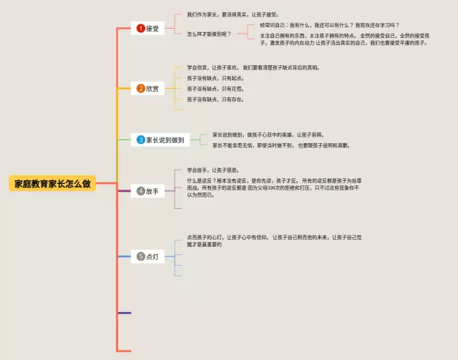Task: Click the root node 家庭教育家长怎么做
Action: coord(52,183)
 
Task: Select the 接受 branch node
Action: coord(149,29)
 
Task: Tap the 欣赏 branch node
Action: coord(149,89)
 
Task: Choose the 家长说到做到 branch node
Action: coord(160,140)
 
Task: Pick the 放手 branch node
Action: coord(147,191)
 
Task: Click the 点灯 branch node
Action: coord(147,256)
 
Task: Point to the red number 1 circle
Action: coord(141,29)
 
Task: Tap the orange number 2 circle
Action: coord(141,89)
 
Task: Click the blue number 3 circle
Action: coord(141,140)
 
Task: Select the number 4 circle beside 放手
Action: coord(141,191)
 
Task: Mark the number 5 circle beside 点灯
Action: coord(141,256)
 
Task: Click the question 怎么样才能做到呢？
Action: coord(209,34)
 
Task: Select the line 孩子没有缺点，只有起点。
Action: coord(215,78)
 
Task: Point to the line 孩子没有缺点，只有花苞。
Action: coord(215,89)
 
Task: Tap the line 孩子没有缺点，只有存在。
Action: coord(215,99)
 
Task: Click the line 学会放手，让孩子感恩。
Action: coord(213,170)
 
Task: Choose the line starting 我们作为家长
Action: coord(233,14)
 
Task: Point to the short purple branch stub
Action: coord(125,313)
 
